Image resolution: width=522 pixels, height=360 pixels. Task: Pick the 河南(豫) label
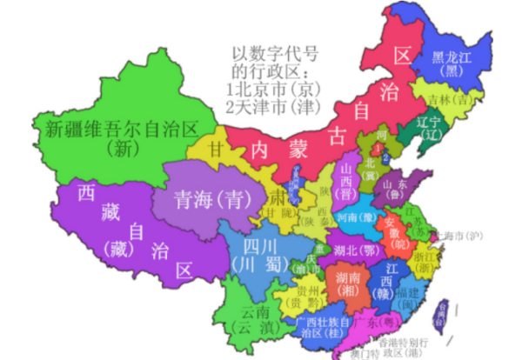click(x=358, y=217)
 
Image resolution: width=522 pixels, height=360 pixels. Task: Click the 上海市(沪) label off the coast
click(x=462, y=236)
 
